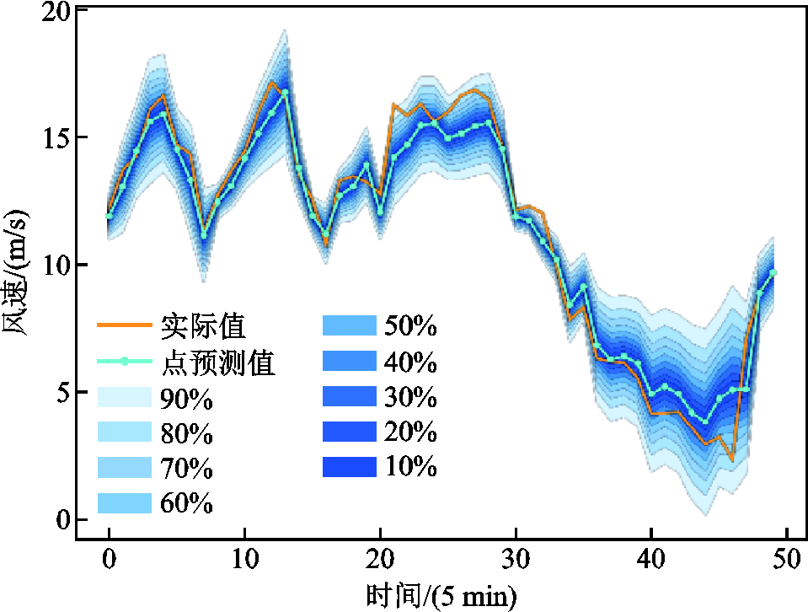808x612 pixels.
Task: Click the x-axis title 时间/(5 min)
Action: (441, 595)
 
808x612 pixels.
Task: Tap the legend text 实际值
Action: (204, 325)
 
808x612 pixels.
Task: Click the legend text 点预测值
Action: (217, 362)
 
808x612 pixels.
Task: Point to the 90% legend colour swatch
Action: (123, 397)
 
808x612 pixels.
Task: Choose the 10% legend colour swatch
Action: (348, 466)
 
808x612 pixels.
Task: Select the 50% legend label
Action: (410, 325)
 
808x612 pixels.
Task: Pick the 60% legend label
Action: (185, 503)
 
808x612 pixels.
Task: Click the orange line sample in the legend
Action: (123, 325)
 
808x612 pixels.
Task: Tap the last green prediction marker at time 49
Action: (773, 273)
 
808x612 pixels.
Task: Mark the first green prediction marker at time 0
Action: (110, 216)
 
